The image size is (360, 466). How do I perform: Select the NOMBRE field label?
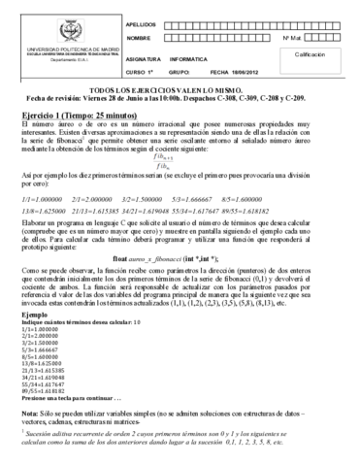[138, 38]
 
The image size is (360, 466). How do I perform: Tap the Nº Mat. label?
[292, 38]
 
